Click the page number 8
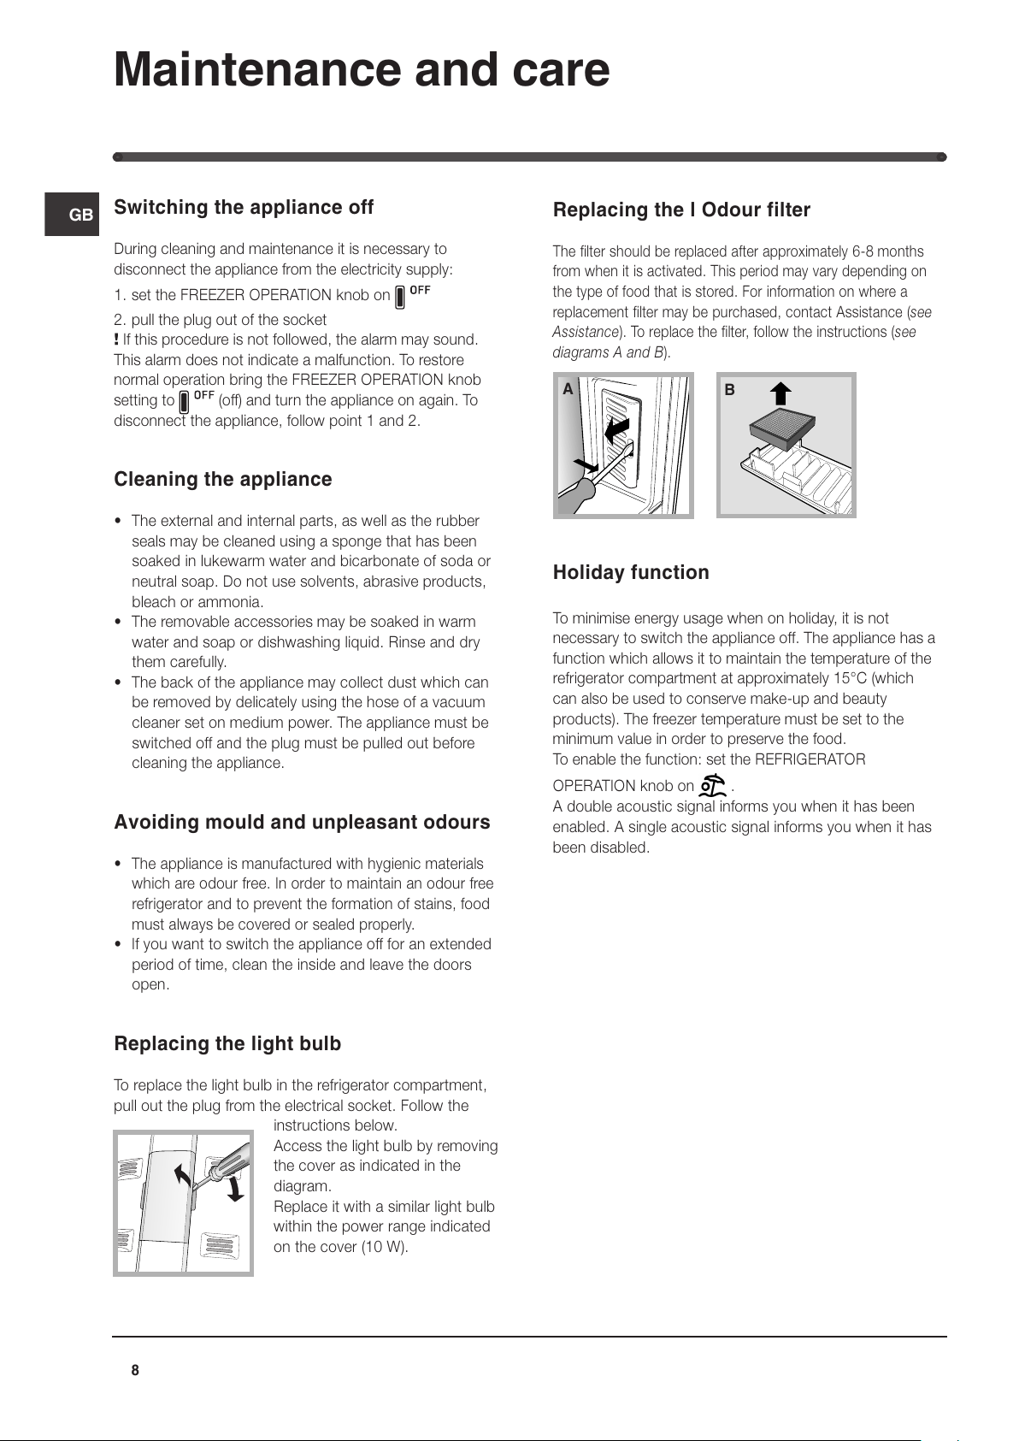pos(135,1370)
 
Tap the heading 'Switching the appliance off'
pos(244,208)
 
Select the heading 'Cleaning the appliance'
pos(223,480)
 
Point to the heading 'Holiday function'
pos(631,573)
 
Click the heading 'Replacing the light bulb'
pos(227,1044)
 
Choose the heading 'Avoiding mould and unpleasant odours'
pos(302,823)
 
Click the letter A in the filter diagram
pos(568,390)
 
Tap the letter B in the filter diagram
pos(730,390)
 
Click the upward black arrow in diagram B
pos(780,393)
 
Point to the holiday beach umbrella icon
pos(712,785)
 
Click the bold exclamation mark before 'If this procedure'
pos(116,340)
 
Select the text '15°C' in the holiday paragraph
pos(850,679)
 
